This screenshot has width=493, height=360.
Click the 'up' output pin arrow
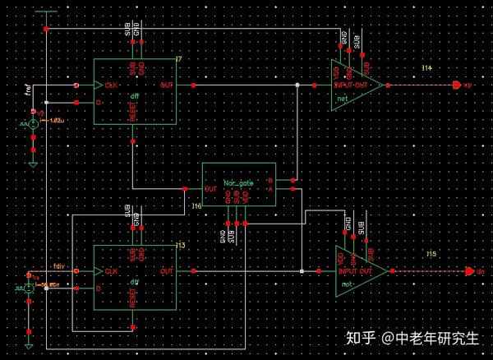pos(458,85)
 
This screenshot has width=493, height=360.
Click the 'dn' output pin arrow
pos(469,270)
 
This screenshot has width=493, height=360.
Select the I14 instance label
pos(426,68)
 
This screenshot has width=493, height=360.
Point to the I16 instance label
pos(196,206)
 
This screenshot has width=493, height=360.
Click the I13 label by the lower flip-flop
pos(181,246)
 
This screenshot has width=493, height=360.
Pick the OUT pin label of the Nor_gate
pos(210,188)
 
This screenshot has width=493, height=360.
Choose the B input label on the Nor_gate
pos(269,179)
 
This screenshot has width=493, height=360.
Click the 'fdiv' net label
pos(58,265)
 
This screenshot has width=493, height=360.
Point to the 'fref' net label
pos(29,89)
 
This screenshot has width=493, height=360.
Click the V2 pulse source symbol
pos(33,123)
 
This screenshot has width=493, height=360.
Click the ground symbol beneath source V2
pos(33,163)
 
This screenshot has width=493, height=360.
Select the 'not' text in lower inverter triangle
pos(345,284)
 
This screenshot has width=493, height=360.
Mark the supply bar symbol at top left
pos(46,12)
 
